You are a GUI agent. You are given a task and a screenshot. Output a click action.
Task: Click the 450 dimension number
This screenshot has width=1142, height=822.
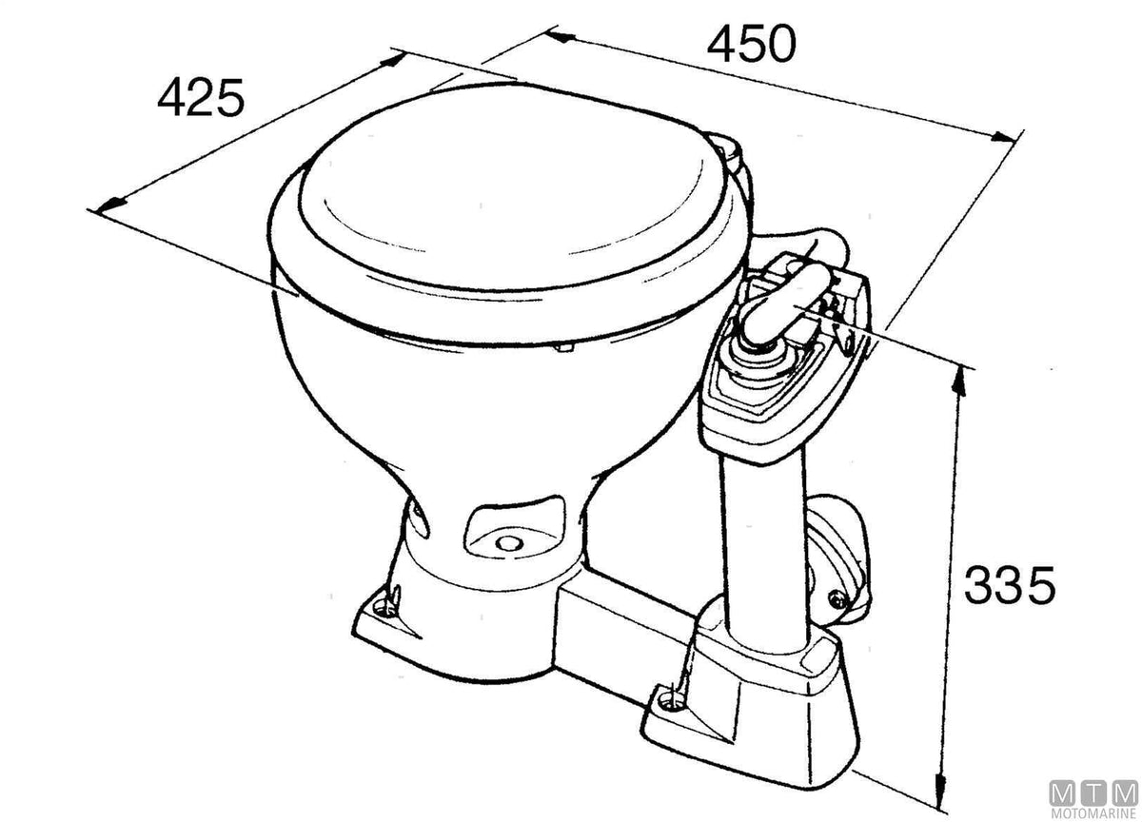[751, 45]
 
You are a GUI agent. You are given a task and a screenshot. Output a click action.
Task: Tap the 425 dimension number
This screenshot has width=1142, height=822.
[201, 97]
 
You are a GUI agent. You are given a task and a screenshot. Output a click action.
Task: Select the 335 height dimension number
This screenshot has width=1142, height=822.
[1009, 585]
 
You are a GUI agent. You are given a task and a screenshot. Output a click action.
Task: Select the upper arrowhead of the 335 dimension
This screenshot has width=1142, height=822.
[959, 382]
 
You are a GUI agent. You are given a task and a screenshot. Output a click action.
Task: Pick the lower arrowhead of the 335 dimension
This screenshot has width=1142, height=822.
[941, 791]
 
